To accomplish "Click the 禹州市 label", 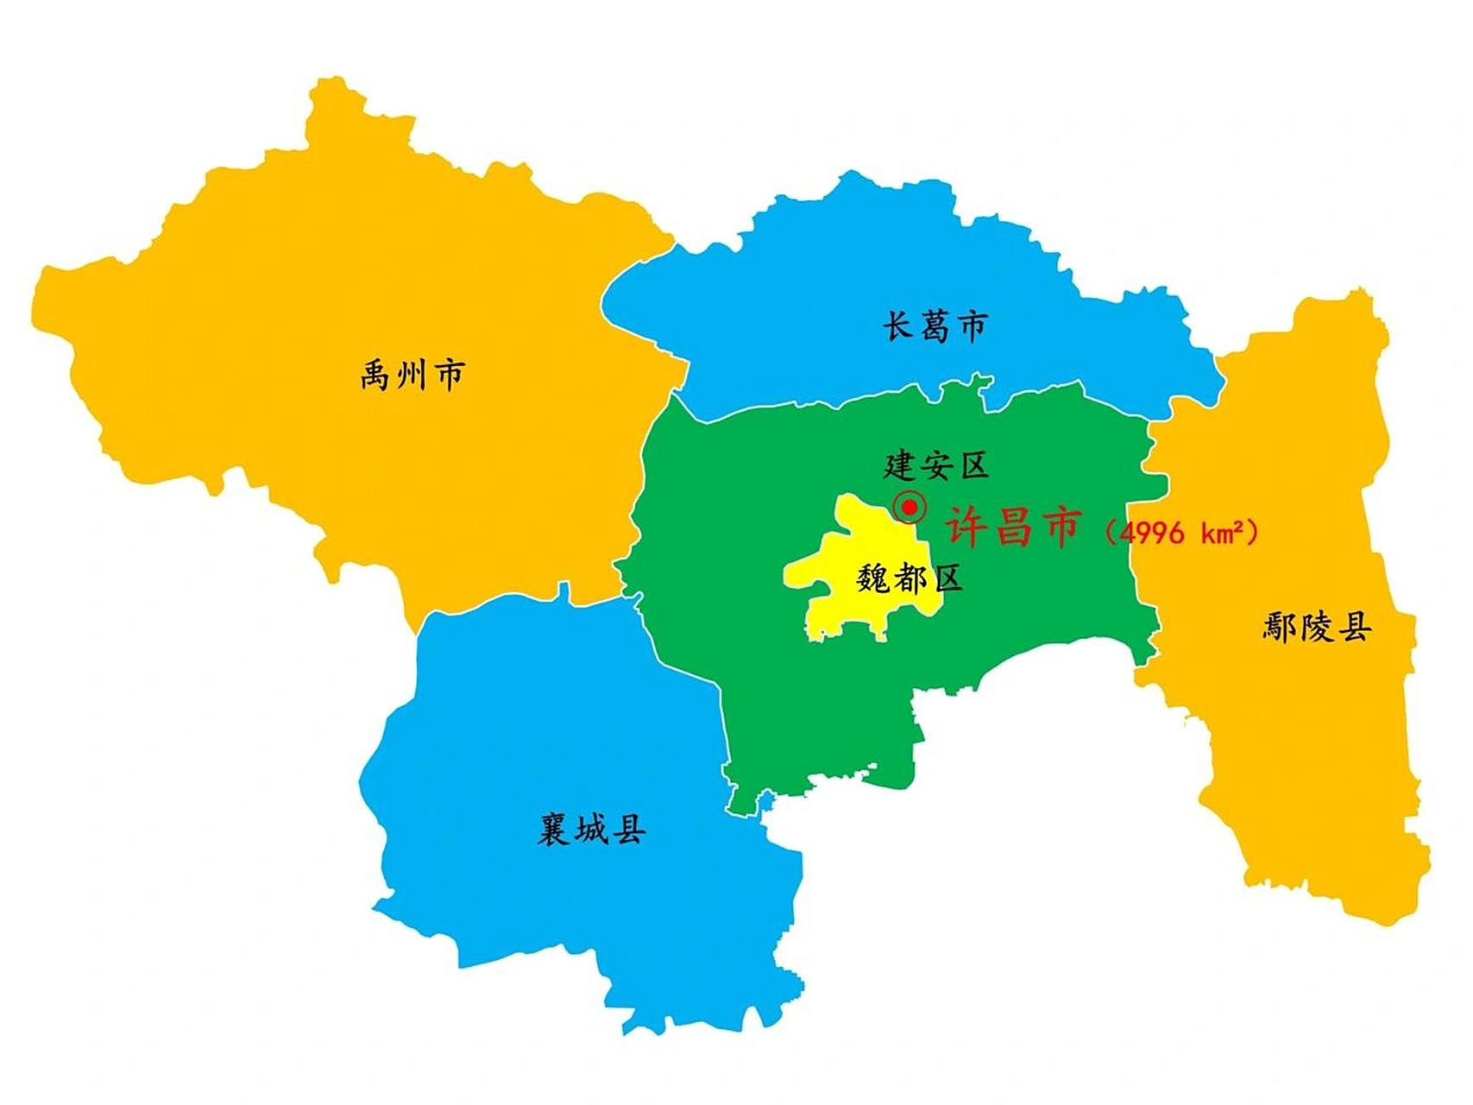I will tap(412, 376).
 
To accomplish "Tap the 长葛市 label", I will tap(935, 327).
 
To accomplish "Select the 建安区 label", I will tap(936, 466).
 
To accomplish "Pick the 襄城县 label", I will tap(592, 830).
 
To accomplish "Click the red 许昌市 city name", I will tap(1014, 526).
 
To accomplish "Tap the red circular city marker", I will tap(909, 508).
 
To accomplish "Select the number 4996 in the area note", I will tap(1151, 533).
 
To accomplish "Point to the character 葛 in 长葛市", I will tap(935, 327).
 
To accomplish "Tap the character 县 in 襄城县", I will tap(629, 830).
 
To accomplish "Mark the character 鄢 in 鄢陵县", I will tap(1281, 628).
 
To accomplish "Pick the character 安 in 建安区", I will tap(936, 466).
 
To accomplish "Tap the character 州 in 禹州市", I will tap(412, 376).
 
